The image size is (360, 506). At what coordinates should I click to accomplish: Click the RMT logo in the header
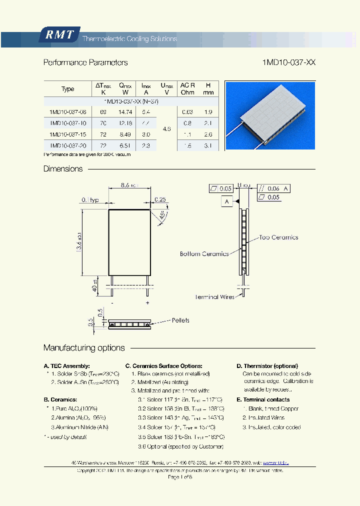pyautogui.click(x=59, y=35)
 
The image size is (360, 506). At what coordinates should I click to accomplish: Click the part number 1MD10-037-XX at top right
pyautogui.click(x=288, y=63)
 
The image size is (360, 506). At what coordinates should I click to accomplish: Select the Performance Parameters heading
pyautogui.click(x=85, y=63)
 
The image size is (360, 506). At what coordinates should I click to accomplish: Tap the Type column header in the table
pyautogui.click(x=67, y=89)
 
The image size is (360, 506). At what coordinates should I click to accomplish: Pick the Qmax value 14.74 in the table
pyautogui.click(x=124, y=112)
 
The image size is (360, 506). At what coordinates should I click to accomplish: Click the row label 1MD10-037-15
pyautogui.click(x=68, y=134)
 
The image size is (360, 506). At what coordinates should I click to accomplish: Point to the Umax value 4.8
pyautogui.click(x=166, y=128)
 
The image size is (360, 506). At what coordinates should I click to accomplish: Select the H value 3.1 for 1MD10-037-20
pyautogui.click(x=208, y=145)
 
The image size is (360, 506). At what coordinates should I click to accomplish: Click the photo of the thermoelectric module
pyautogui.click(x=270, y=115)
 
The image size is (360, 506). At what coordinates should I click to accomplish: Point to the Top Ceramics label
pyautogui.click(x=278, y=237)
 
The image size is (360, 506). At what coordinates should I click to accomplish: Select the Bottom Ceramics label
pyautogui.click(x=204, y=254)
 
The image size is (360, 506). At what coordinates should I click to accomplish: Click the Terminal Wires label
pyautogui.click(x=214, y=297)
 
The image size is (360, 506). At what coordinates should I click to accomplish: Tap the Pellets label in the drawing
pyautogui.click(x=180, y=320)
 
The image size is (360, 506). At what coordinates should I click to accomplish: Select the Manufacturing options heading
pyautogui.click(x=84, y=348)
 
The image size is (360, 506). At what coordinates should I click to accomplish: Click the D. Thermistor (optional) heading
pyautogui.click(x=267, y=366)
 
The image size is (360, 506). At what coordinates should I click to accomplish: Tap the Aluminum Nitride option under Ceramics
pyautogui.click(x=79, y=427)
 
